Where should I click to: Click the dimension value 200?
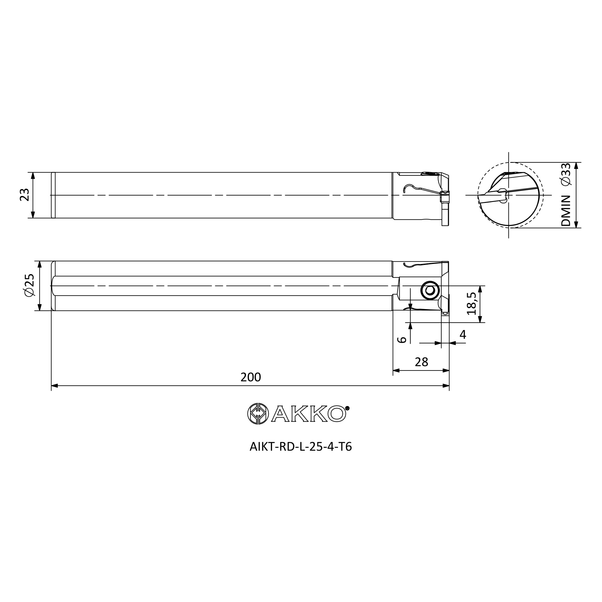(x=250, y=377)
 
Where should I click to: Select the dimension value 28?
(x=421, y=362)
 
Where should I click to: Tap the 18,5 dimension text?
(x=471, y=304)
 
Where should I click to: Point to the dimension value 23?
(x=25, y=195)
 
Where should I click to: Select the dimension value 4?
(x=463, y=335)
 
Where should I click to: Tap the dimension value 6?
(x=402, y=340)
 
